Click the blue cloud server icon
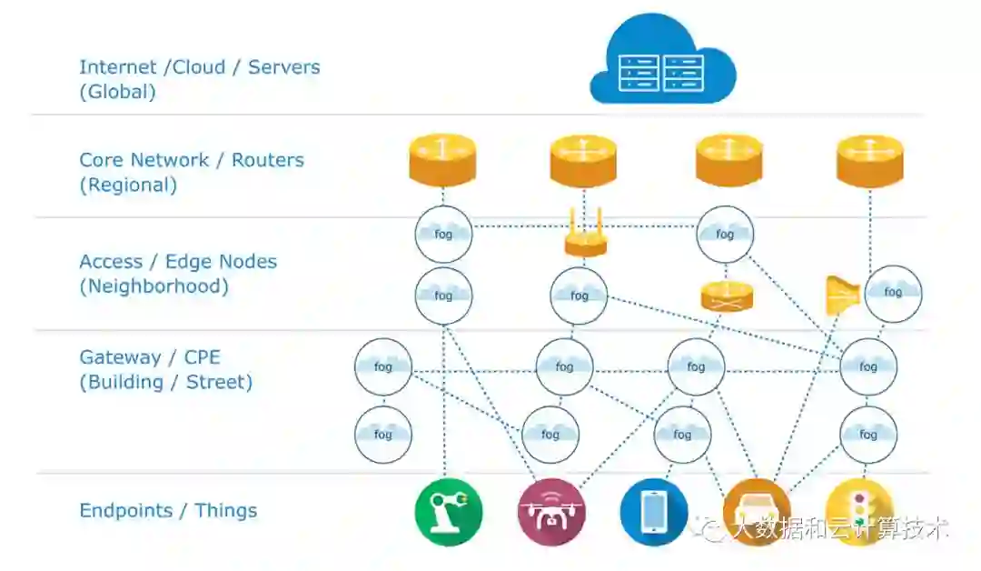662,62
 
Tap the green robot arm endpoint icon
449,512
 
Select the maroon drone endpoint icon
551,512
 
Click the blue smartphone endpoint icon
654,512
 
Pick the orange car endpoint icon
757,512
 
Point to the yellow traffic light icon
859,512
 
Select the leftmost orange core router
443,160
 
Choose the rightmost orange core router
869,160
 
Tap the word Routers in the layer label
268,160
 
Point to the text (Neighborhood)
154,286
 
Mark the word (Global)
117,92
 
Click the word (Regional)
128,185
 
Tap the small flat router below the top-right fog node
728,296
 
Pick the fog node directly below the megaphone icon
868,366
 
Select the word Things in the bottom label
225,511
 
